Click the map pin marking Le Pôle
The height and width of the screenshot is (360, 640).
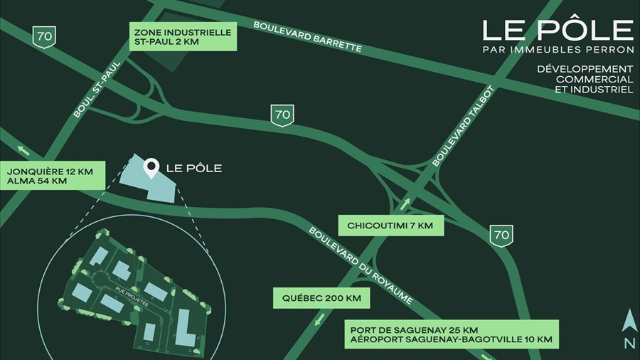click(x=151, y=168)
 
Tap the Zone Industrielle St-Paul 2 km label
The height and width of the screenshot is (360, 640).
click(x=184, y=36)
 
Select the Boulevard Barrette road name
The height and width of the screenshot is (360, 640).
click(x=308, y=36)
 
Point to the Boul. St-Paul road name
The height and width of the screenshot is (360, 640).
click(x=99, y=89)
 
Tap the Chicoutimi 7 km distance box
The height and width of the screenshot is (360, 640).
click(x=390, y=226)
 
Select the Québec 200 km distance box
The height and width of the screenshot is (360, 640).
click(x=321, y=298)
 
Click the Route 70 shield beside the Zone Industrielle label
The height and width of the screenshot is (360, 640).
click(x=44, y=35)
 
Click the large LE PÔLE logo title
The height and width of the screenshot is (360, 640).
click(x=558, y=29)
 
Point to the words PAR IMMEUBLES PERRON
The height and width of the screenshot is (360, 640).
click(x=558, y=50)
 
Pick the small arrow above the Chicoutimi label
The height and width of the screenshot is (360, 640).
click(x=405, y=205)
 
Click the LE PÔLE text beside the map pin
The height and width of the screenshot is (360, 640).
click(x=193, y=169)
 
